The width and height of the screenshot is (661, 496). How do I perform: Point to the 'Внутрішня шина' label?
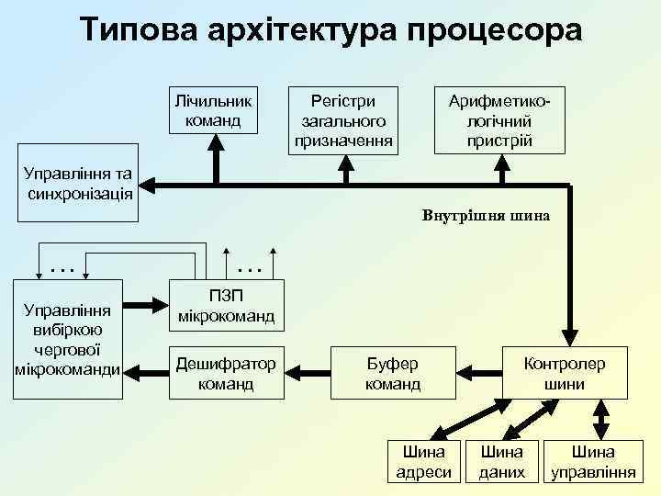[487, 217]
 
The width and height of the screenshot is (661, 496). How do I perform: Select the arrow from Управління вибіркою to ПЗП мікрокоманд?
[145, 306]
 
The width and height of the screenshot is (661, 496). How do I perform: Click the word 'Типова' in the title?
[139, 30]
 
